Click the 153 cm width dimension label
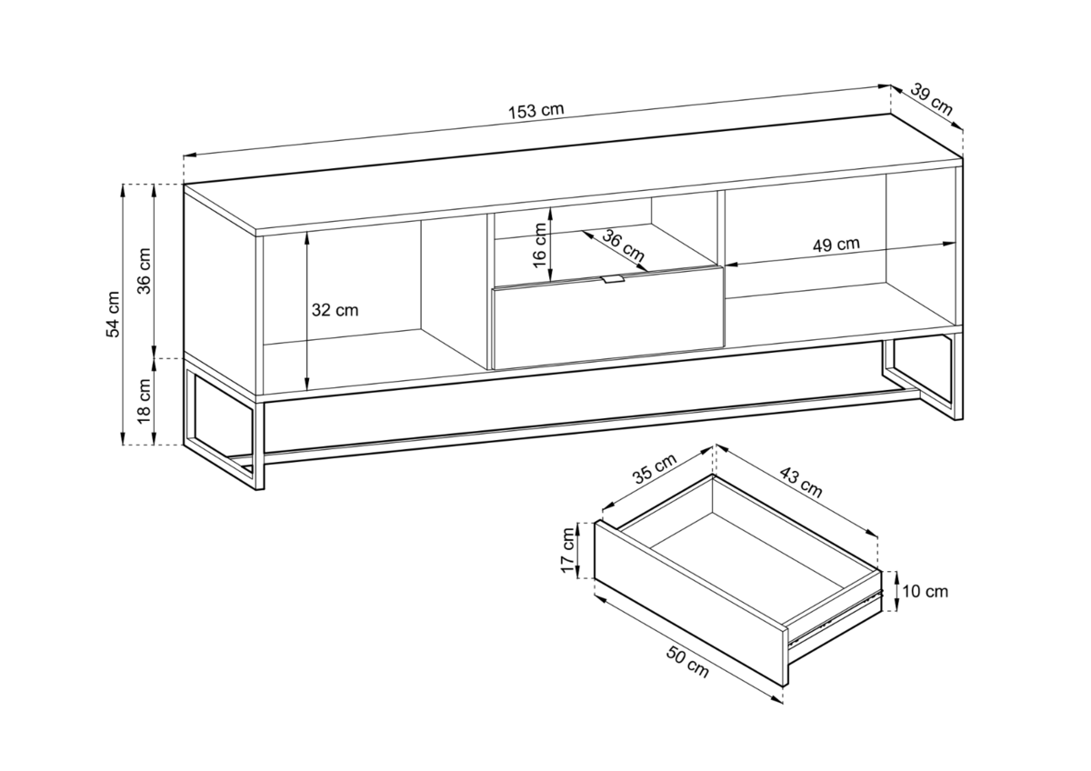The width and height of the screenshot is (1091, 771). tap(536, 111)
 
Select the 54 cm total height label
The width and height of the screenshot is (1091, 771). tap(113, 315)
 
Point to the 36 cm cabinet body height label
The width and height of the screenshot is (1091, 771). tap(145, 271)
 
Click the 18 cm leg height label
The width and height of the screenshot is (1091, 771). tap(145, 401)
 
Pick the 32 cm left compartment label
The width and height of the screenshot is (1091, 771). tap(335, 310)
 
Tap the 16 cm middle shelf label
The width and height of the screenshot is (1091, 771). tap(540, 245)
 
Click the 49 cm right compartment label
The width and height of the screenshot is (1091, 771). tap(836, 244)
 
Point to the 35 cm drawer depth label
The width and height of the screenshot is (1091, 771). tap(656, 468)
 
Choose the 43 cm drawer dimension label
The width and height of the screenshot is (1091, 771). tap(801, 482)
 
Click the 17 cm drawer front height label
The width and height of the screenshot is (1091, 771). tap(568, 550)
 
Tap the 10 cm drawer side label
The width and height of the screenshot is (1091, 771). tap(926, 592)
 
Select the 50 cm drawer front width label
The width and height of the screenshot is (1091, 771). tap(687, 661)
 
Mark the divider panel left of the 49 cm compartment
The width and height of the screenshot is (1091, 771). tap(721, 269)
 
